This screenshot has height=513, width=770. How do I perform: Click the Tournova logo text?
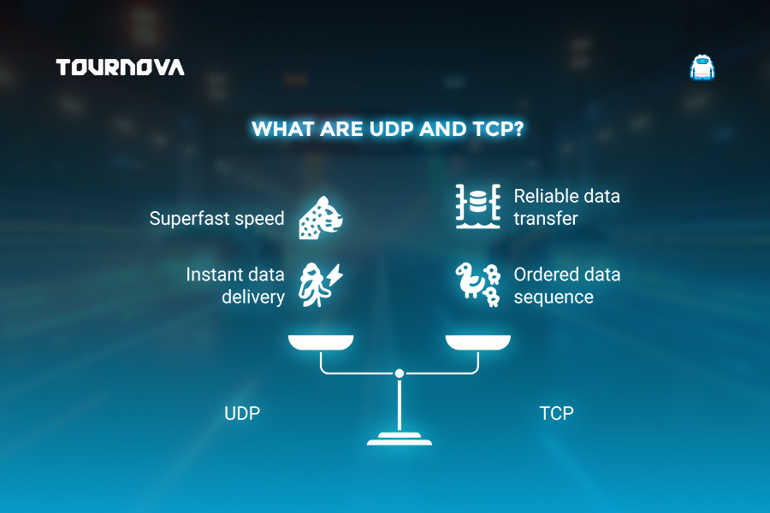[x=120, y=68]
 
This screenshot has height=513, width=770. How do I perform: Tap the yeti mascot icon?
[x=702, y=68]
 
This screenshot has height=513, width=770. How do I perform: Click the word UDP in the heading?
[x=391, y=129]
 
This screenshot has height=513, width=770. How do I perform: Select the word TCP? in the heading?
[x=498, y=129]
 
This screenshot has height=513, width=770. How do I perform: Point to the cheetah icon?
[x=321, y=217]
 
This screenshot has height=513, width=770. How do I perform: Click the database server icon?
[x=477, y=206]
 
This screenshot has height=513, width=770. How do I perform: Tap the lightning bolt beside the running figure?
[x=336, y=274]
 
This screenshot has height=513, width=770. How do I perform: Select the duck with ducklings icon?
[x=477, y=285]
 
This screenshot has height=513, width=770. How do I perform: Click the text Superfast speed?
[x=216, y=219]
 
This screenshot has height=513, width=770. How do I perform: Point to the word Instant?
[x=213, y=274]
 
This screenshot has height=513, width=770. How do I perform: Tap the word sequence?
[x=554, y=298]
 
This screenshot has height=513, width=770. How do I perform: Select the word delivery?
[x=253, y=297]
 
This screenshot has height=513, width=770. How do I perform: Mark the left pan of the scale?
[x=321, y=342]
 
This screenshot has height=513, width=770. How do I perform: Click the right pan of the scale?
[x=477, y=342]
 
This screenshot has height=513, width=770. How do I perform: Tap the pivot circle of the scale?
[x=400, y=374]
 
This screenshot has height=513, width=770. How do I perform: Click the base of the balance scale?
[x=400, y=439]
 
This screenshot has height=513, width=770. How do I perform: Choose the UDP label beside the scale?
[x=242, y=413]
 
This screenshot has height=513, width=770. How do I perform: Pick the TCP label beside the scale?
[x=556, y=413]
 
